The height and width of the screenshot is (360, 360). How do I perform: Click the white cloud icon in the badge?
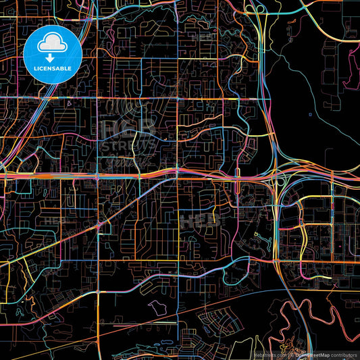[52, 45]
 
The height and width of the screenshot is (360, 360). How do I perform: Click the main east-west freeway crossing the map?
[135, 176]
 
